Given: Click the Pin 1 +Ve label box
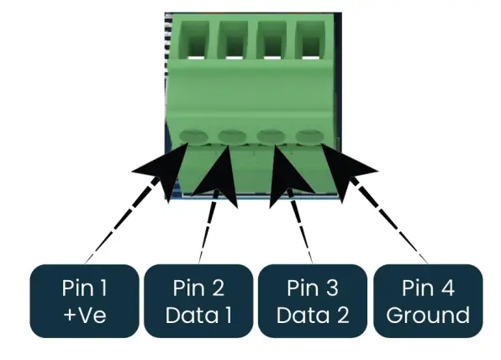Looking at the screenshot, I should pos(85,302).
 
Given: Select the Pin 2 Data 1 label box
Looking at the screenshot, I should pos(198,302).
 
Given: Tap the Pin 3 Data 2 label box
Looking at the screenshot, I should pos(312,302).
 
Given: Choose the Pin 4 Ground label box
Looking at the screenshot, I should pos(428,302).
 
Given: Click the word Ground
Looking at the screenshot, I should pos(428,315).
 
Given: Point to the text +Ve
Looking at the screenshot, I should pos(85,315).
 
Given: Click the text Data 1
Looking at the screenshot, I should pos(198,315).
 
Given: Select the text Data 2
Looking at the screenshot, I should pos(312,315).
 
